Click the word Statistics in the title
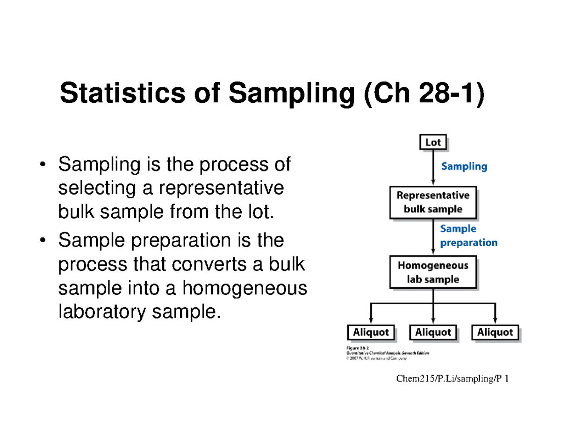tap(135, 93)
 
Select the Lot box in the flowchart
tap(432, 143)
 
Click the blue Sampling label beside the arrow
tap(464, 166)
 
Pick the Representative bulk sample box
tap(433, 202)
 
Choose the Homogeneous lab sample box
tap(433, 272)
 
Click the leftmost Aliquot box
tap(371, 333)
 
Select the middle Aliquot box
tap(433, 333)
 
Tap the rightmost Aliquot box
tap(495, 333)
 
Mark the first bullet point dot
tap(43, 164)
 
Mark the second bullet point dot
tap(43, 241)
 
